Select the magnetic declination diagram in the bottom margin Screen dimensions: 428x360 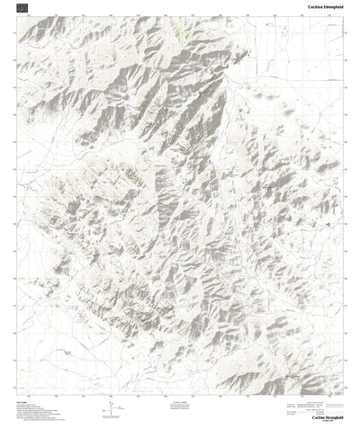[x=111, y=409]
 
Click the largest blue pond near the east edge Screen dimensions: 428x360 [x=329, y=224]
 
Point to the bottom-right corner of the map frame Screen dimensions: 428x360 [x=345, y=394]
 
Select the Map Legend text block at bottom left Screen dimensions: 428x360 [x=36, y=410]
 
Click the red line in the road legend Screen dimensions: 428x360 [x=316, y=399]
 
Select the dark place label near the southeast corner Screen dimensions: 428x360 [x=315, y=378]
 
